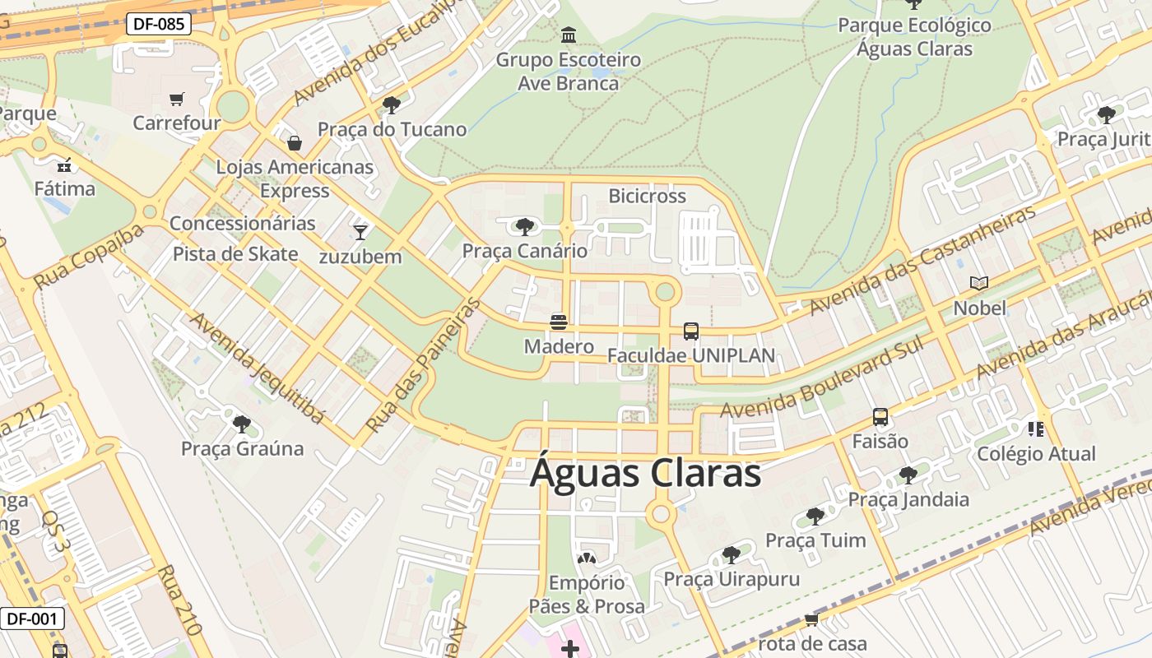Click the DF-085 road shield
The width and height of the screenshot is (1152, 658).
pyautogui.click(x=159, y=24)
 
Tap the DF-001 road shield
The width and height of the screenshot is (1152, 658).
pyautogui.click(x=32, y=619)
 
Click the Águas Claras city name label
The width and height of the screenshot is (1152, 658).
pyautogui.click(x=645, y=474)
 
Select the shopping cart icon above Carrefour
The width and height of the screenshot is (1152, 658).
pyautogui.click(x=176, y=100)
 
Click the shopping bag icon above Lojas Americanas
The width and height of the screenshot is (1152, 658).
pyautogui.click(x=294, y=143)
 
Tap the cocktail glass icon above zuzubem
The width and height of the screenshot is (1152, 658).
pyautogui.click(x=360, y=232)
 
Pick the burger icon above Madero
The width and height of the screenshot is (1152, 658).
pyautogui.click(x=559, y=322)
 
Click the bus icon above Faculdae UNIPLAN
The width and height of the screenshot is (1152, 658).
pyautogui.click(x=691, y=331)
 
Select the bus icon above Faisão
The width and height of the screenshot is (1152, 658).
pyautogui.click(x=880, y=417)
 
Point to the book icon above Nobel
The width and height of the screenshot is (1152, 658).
pyautogui.click(x=979, y=284)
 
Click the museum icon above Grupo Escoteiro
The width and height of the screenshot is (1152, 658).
pyautogui.click(x=568, y=35)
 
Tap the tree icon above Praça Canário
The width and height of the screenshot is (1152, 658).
pyautogui.click(x=524, y=226)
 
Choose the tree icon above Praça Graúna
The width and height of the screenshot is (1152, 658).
pyautogui.click(x=242, y=424)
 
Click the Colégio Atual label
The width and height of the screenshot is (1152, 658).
pyautogui.click(x=1036, y=454)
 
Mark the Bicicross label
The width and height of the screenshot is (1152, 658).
pyautogui.click(x=647, y=196)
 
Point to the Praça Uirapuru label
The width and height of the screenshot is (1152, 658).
pyautogui.click(x=732, y=579)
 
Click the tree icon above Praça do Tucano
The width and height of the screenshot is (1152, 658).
pyautogui.click(x=392, y=105)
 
